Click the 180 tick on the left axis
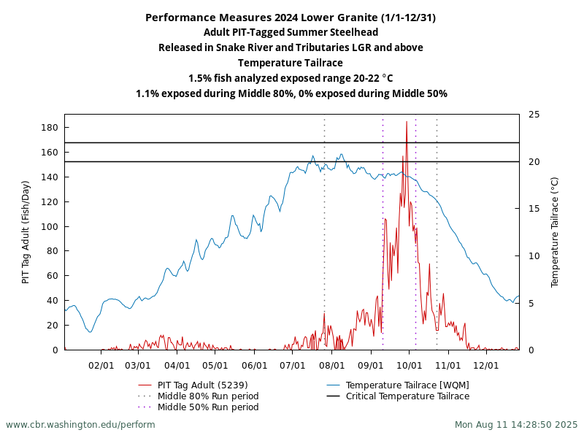[x=50, y=128]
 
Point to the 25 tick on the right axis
[x=534, y=115]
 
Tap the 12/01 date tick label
[x=486, y=365]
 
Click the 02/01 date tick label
[x=101, y=365]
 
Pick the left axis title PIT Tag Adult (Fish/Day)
[x=26, y=232]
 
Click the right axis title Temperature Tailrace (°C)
[x=555, y=232]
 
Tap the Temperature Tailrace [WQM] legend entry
[x=407, y=385]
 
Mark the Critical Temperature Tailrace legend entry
[x=407, y=396]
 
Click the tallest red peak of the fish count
[x=407, y=123]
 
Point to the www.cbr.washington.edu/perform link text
[x=80, y=424]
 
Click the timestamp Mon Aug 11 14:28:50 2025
[x=516, y=424]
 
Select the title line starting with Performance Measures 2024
[x=291, y=18]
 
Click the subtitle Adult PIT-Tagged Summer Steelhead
[x=291, y=32]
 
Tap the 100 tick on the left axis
[x=50, y=226]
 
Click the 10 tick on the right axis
[x=534, y=256]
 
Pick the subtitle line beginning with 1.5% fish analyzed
[x=291, y=78]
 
